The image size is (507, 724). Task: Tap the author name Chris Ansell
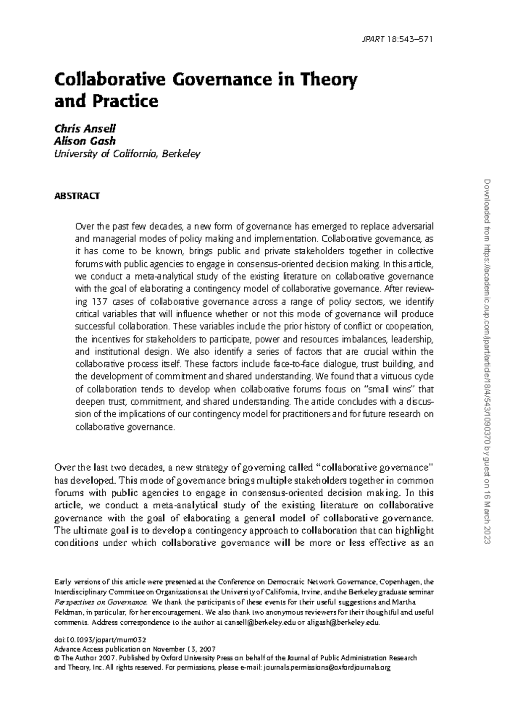pos(85,128)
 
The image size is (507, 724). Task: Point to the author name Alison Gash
pos(85,141)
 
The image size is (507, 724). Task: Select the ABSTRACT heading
pos(77,196)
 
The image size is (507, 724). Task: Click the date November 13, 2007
pos(185,649)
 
